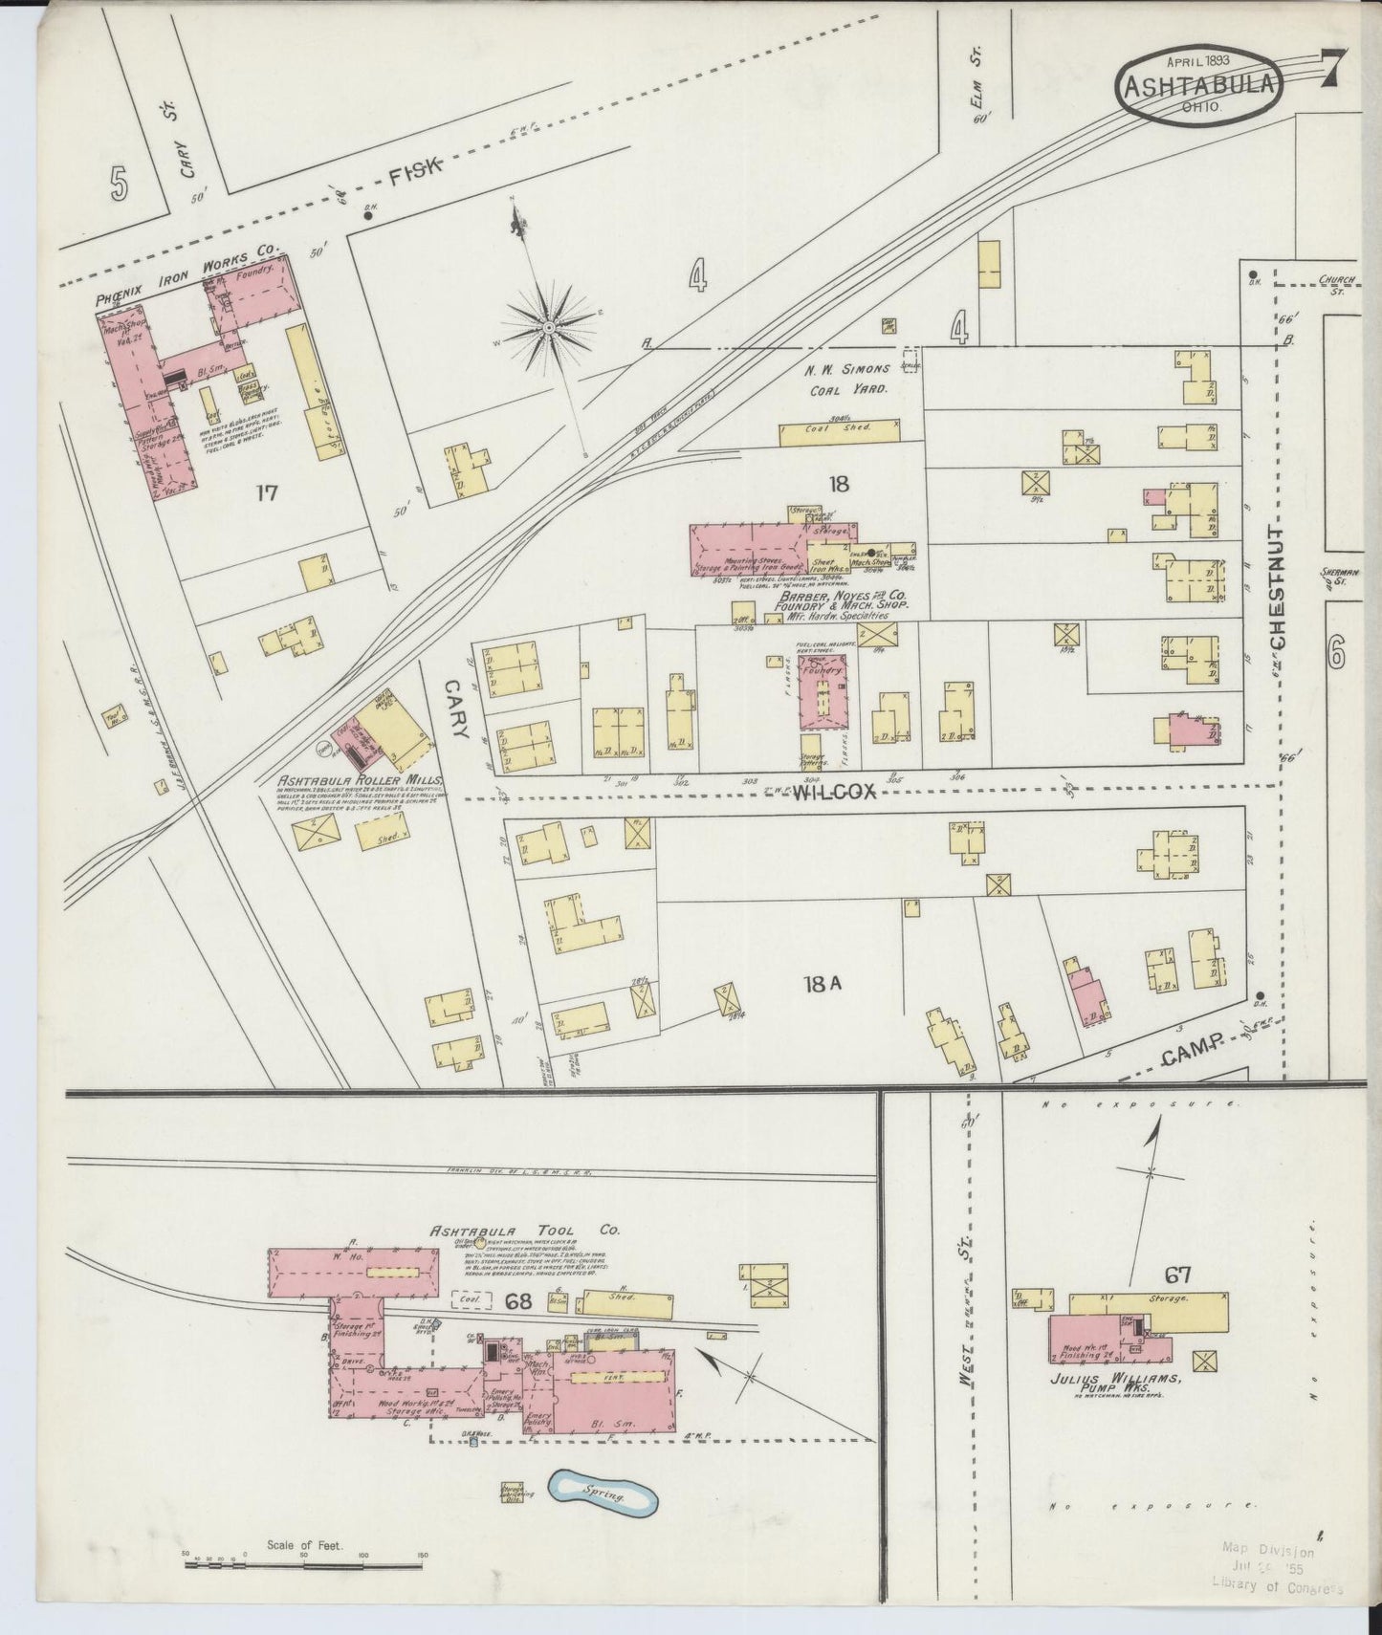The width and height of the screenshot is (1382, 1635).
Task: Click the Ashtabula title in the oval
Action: coord(1199,86)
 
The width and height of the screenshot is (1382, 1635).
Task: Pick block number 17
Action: coord(266,492)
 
